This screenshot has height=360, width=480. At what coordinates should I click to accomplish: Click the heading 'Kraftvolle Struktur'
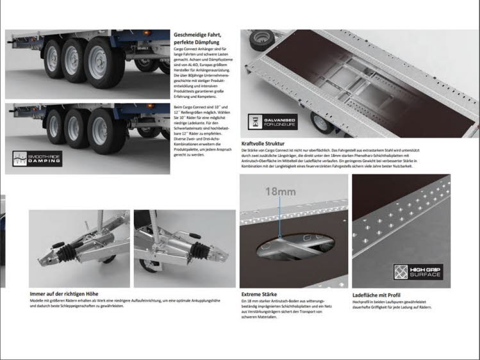pyautogui.click(x=263, y=143)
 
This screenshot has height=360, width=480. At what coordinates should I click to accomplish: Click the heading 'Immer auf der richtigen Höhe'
pyautogui.click(x=64, y=294)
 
